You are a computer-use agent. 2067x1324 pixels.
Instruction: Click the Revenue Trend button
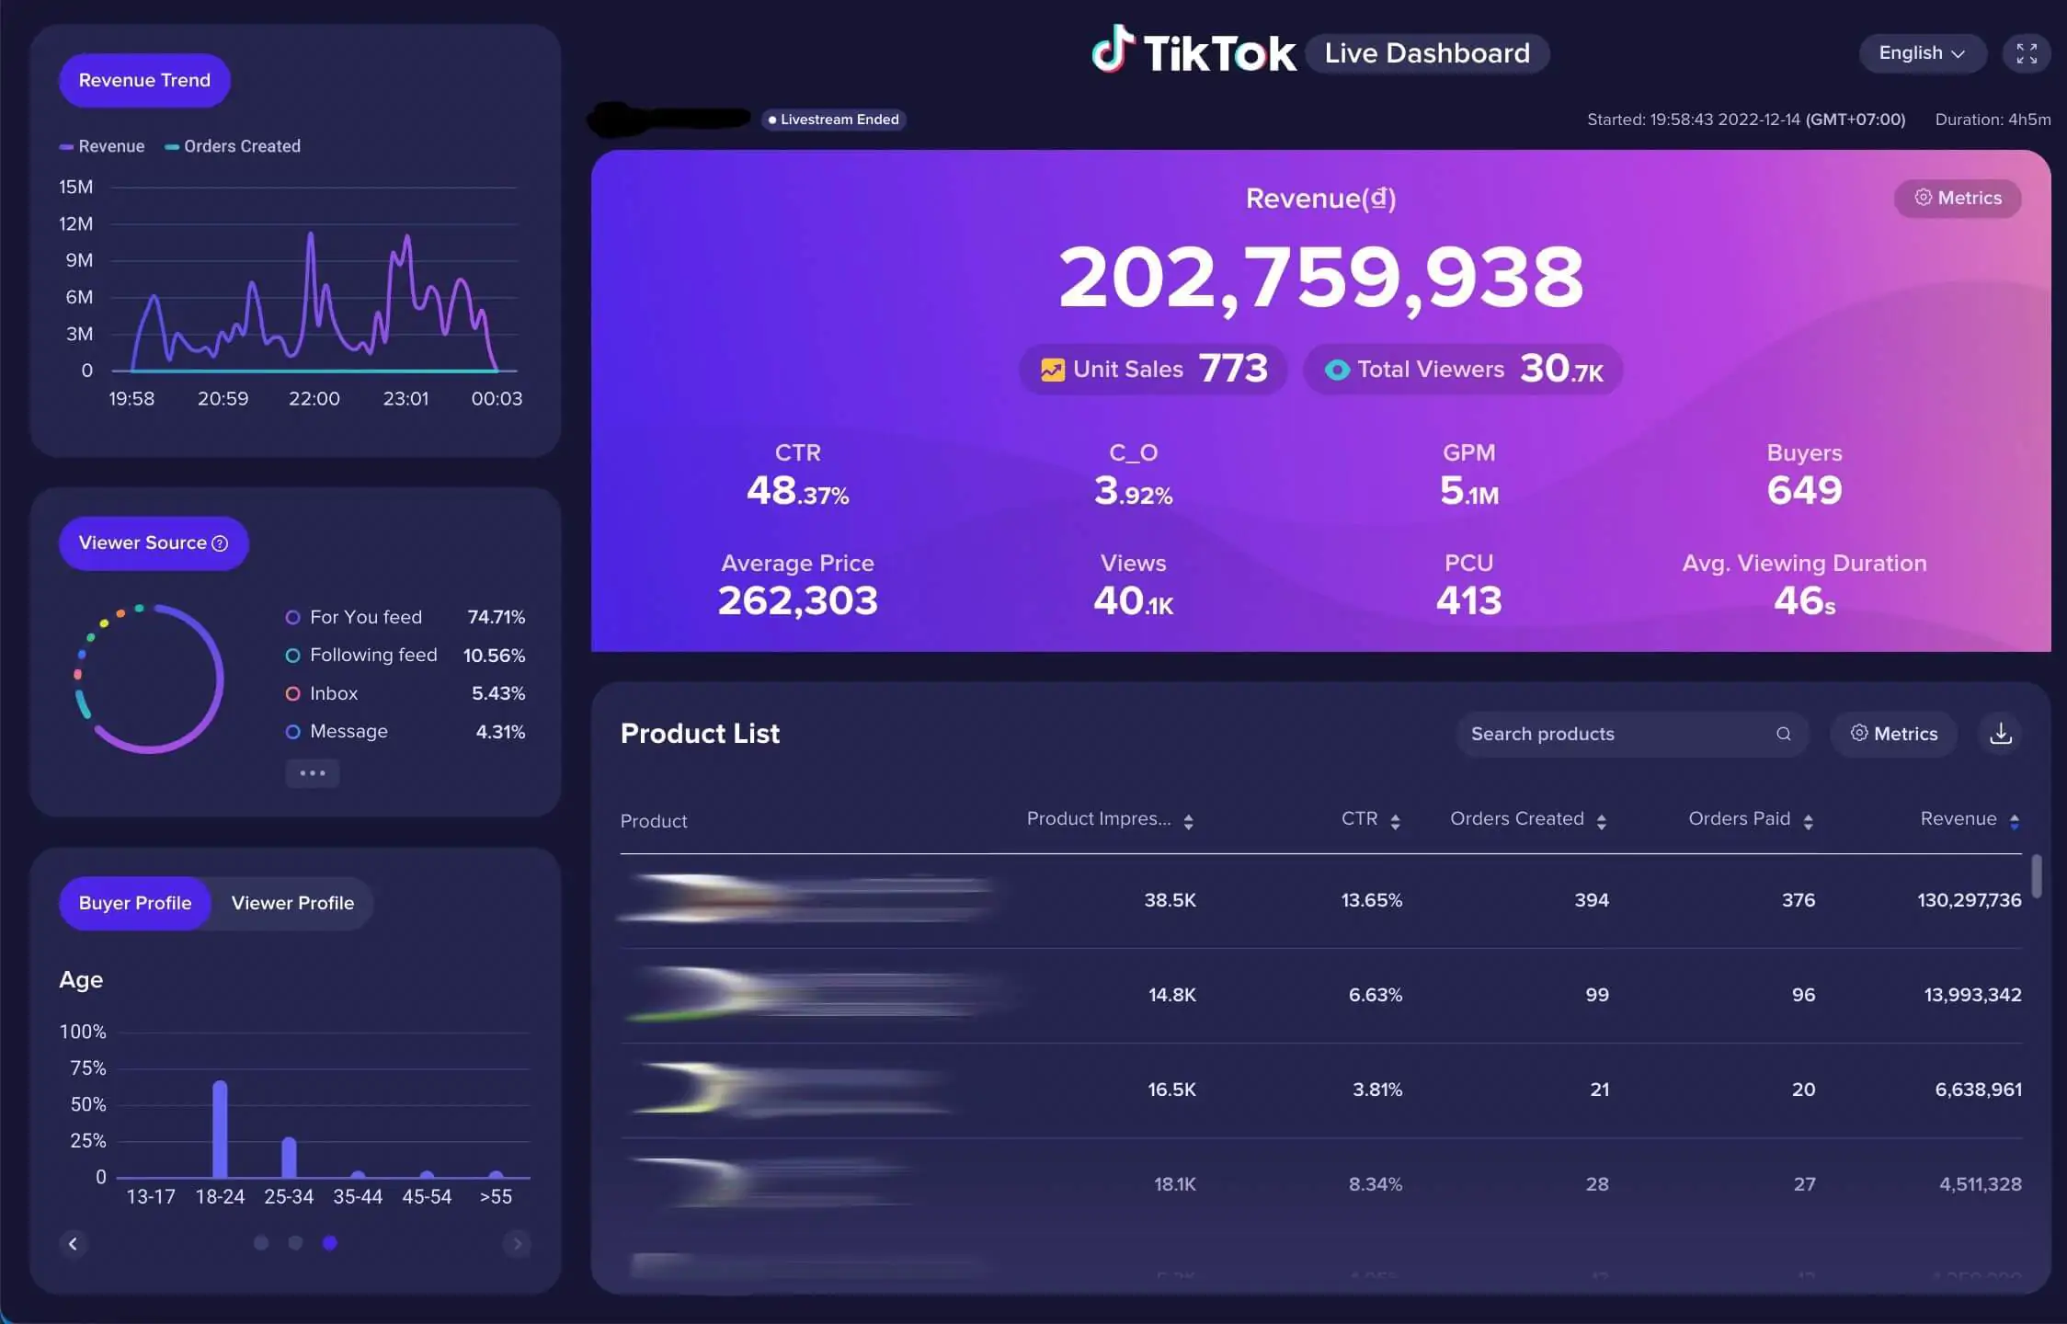(x=144, y=80)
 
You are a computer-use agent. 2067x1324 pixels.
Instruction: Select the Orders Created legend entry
(x=241, y=146)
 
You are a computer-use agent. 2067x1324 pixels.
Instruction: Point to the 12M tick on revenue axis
(x=75, y=223)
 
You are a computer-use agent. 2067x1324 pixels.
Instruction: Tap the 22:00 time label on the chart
(x=314, y=399)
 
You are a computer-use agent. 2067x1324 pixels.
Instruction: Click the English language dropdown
(x=1921, y=53)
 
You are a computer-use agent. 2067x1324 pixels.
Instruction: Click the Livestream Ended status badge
(x=834, y=120)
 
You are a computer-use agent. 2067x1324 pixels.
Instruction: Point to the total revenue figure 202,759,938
(x=1320, y=277)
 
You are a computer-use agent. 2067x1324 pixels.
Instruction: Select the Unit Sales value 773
(x=1233, y=369)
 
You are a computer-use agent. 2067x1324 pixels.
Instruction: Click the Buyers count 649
(x=1804, y=490)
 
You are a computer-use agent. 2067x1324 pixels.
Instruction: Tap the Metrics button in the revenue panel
(x=1958, y=199)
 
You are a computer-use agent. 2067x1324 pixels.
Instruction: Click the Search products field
(x=1618, y=734)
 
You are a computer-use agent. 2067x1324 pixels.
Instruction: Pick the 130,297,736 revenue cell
(x=1969, y=900)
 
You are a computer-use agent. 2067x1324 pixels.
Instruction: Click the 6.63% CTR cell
(x=1375, y=995)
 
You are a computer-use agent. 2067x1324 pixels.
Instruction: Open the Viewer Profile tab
(x=292, y=903)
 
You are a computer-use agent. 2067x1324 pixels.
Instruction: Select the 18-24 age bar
(x=220, y=1129)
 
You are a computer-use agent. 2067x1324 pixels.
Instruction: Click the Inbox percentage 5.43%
(x=497, y=693)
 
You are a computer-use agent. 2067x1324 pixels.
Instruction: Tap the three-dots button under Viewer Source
(x=313, y=773)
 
